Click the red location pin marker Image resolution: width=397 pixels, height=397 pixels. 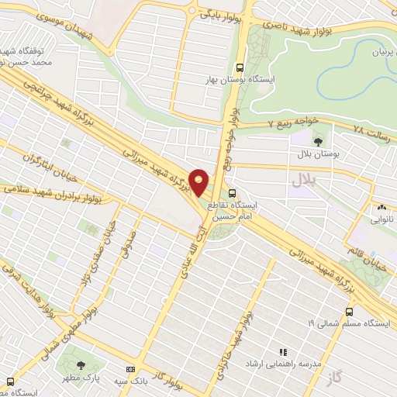(199, 182)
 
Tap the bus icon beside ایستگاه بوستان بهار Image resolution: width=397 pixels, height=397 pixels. (240, 67)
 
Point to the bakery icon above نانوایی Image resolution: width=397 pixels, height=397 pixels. (381, 208)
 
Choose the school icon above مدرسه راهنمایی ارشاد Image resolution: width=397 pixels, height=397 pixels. (283, 351)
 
